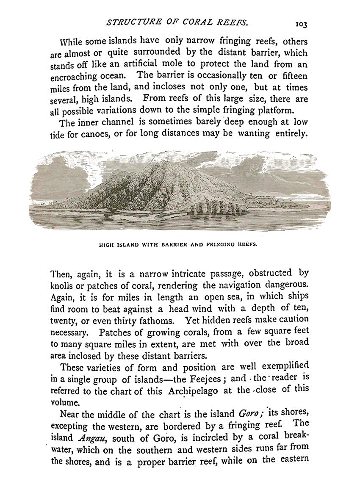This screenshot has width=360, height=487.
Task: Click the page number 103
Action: (301, 24)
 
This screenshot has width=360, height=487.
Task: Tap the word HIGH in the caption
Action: (105, 244)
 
